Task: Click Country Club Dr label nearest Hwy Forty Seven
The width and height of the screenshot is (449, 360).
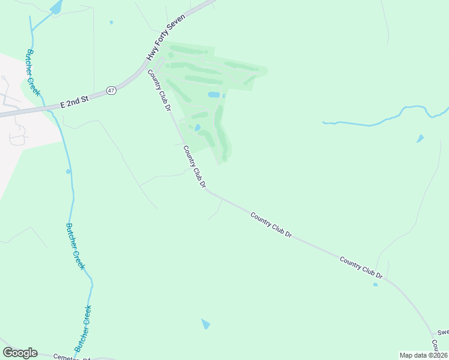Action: pyautogui.click(x=160, y=91)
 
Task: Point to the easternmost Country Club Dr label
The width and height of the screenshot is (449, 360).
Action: pyautogui.click(x=361, y=267)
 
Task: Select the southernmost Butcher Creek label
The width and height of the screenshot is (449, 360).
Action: pyautogui.click(x=83, y=328)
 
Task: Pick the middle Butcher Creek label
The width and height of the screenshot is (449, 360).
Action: pyautogui.click(x=75, y=247)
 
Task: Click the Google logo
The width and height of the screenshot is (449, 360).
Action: pyautogui.click(x=20, y=353)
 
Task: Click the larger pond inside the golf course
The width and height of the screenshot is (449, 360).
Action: pyautogui.click(x=214, y=95)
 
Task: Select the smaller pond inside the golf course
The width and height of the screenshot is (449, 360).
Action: pyautogui.click(x=197, y=127)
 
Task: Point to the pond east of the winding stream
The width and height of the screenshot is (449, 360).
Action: pyautogui.click(x=420, y=139)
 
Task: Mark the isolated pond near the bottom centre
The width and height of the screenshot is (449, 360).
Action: pyautogui.click(x=205, y=323)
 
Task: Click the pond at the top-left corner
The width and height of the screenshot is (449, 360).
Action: pyautogui.click(x=56, y=7)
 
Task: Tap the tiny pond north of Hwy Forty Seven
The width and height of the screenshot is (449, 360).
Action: pyautogui.click(x=112, y=23)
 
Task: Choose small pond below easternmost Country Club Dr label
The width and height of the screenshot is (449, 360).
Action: pyautogui.click(x=375, y=284)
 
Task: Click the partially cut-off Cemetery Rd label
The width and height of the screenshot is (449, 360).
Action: pyautogui.click(x=71, y=356)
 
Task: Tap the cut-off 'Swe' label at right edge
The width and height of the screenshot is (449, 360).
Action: pyautogui.click(x=442, y=332)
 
